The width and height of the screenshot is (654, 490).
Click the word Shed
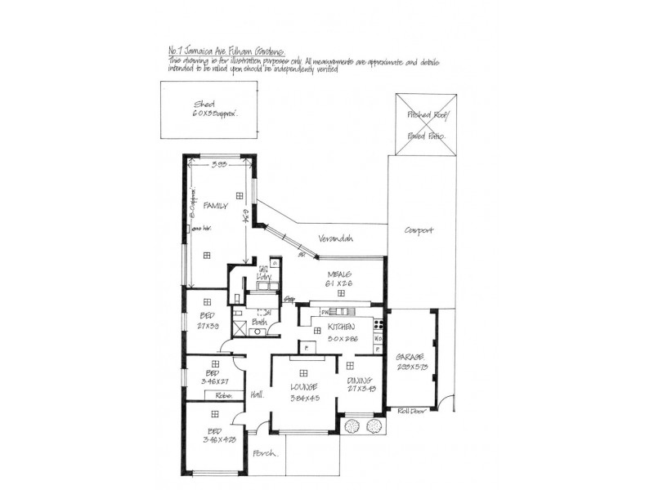pyautogui.click(x=204, y=105)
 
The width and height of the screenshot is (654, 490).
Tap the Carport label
pyautogui.click(x=419, y=230)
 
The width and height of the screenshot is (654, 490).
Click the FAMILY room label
pyautogui.click(x=215, y=206)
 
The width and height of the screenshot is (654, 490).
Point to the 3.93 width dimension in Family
pyautogui.click(x=217, y=166)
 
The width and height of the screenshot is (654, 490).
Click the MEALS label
pyautogui.click(x=339, y=274)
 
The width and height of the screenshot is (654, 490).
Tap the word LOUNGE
pyautogui.click(x=302, y=386)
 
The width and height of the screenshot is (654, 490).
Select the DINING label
pyautogui.click(x=359, y=381)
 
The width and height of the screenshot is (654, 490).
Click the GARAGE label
pyautogui.click(x=409, y=358)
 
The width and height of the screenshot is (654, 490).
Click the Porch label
pyautogui.click(x=265, y=452)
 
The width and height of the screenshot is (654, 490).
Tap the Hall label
pyautogui.click(x=257, y=394)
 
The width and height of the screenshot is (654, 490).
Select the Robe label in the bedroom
pyautogui.click(x=224, y=394)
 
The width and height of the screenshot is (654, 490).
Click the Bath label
pyautogui.click(x=258, y=323)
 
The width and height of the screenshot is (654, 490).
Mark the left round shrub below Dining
pyautogui.click(x=353, y=425)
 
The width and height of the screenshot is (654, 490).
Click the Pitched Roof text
pyautogui.click(x=425, y=117)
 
